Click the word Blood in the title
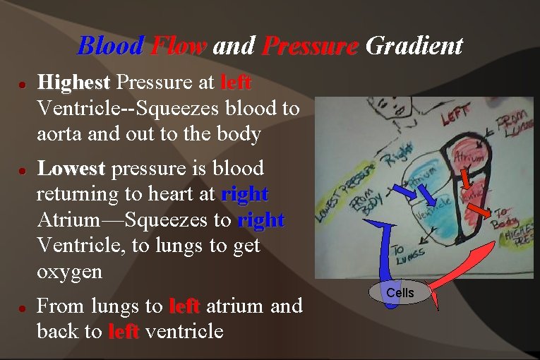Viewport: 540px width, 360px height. pyautogui.click(x=111, y=46)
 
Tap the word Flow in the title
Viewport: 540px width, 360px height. pyautogui.click(x=178, y=46)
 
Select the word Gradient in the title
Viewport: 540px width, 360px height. pyautogui.click(x=414, y=47)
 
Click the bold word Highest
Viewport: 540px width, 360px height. pyautogui.click(x=73, y=83)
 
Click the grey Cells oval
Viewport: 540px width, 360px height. pyautogui.click(x=400, y=292)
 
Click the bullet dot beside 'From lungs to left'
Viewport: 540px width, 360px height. pyautogui.click(x=23, y=308)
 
